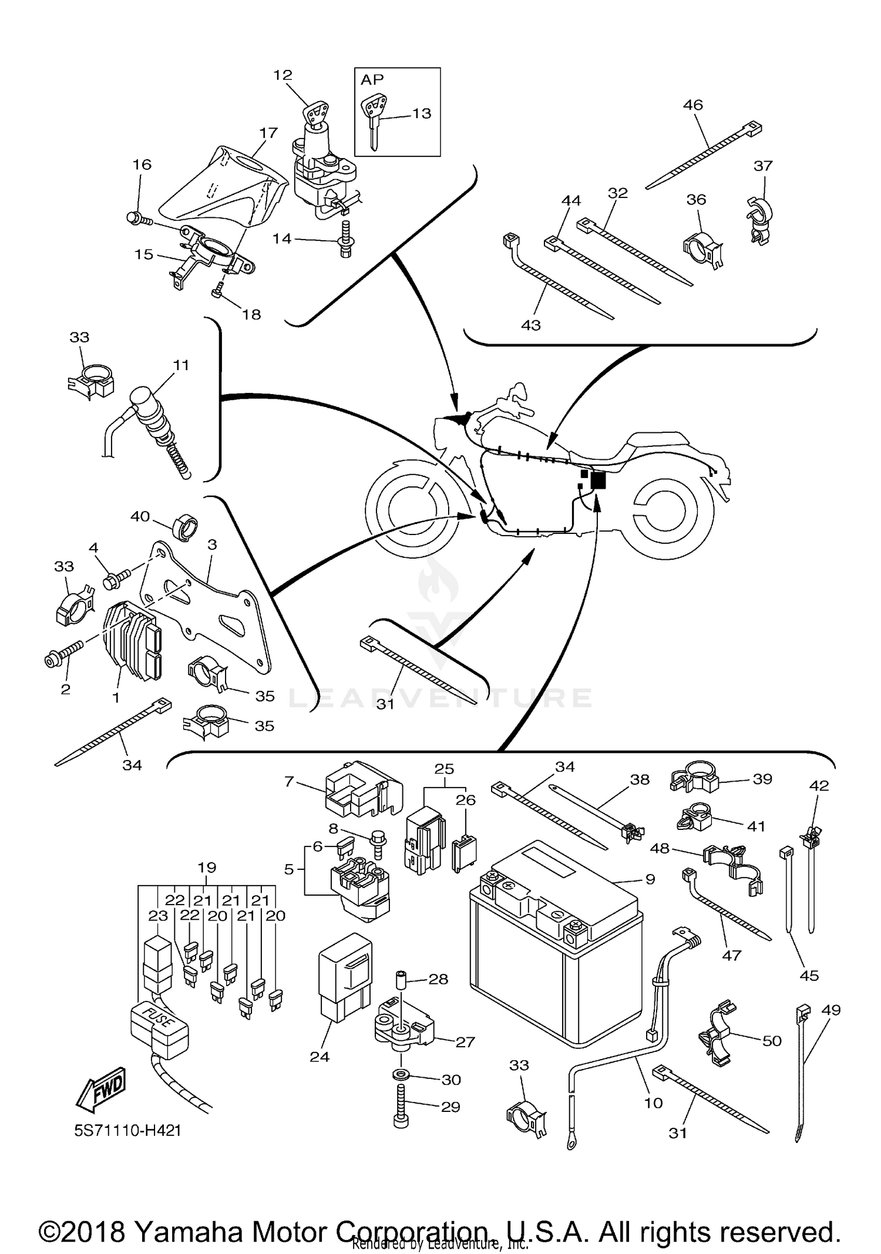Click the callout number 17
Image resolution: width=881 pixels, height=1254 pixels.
point(268,133)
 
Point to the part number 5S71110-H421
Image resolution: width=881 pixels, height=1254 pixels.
point(127,1130)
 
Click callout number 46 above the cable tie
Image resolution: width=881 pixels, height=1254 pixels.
point(693,105)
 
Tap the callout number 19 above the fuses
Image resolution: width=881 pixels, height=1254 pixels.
point(207,868)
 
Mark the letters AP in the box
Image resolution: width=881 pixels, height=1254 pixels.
point(372,79)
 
